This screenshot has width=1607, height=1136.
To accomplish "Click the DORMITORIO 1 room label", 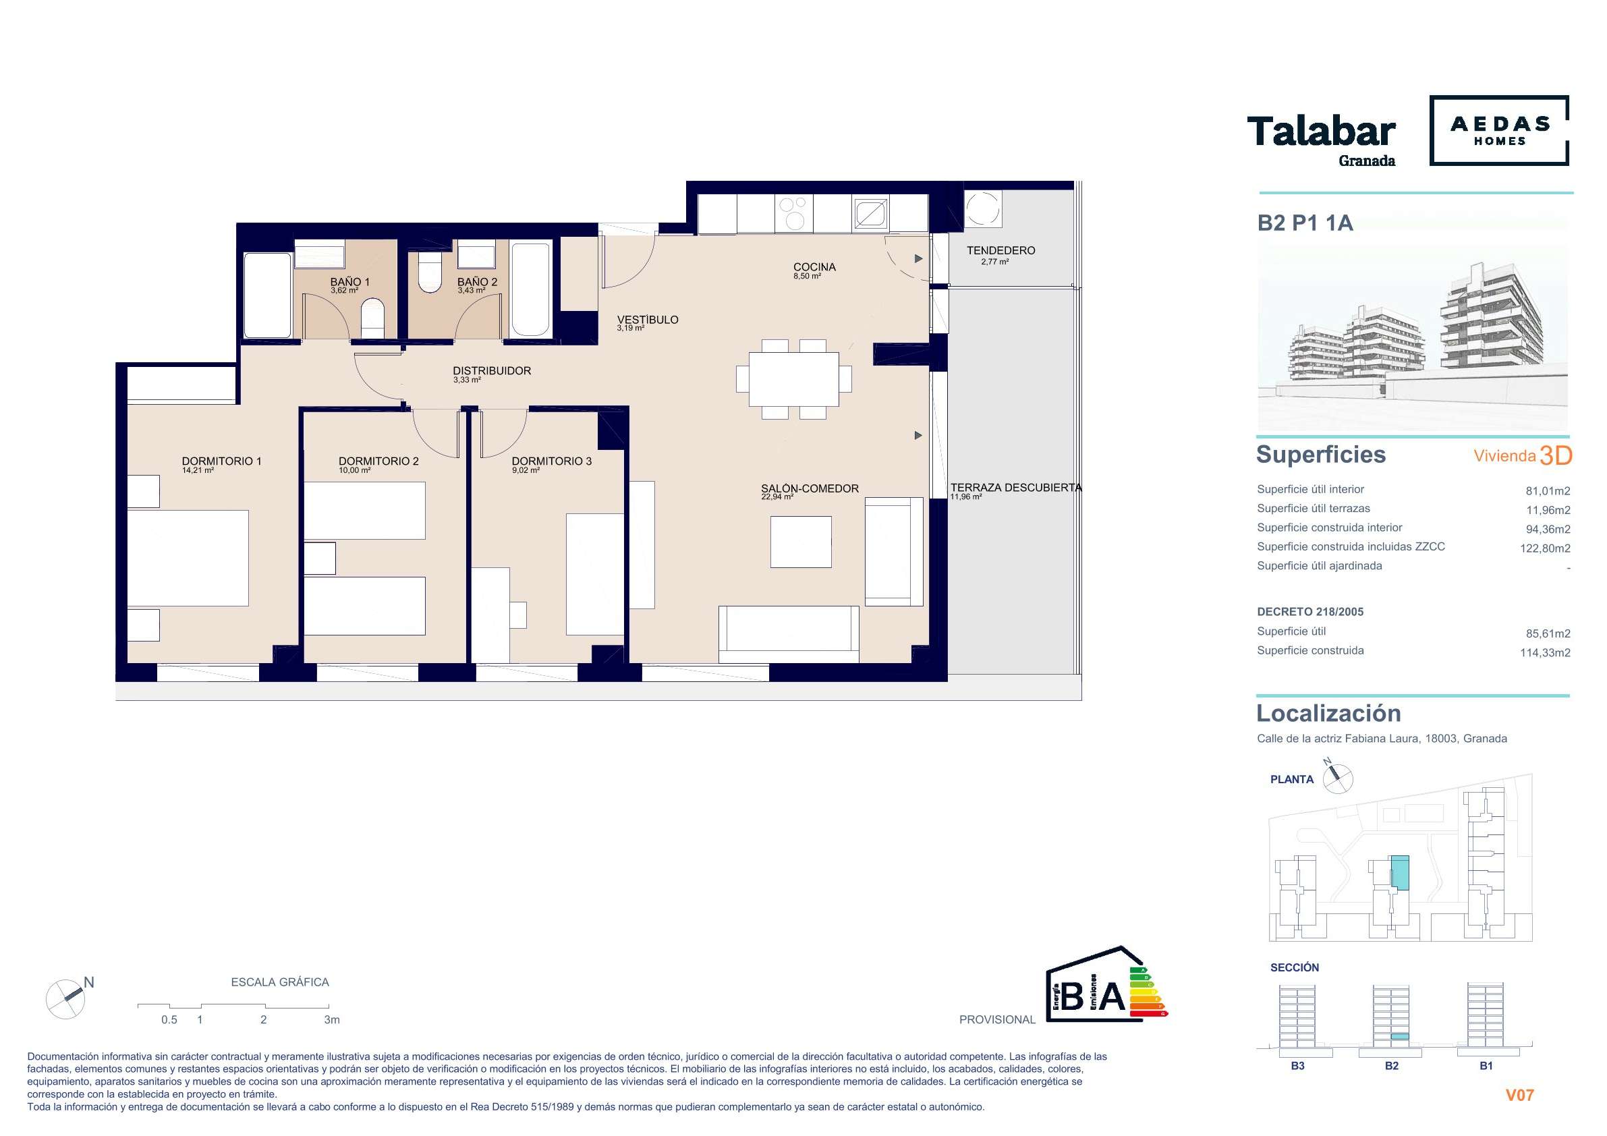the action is click(221, 461).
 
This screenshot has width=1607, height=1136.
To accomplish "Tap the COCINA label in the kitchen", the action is click(815, 267).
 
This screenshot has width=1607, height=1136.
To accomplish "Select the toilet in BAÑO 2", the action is click(429, 273).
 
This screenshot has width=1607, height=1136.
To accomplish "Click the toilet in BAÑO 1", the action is click(373, 318).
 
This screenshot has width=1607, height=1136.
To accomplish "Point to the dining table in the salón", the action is click(793, 379).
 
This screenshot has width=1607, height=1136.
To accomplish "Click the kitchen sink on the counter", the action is click(870, 212).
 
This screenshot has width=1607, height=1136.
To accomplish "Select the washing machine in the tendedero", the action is click(983, 208).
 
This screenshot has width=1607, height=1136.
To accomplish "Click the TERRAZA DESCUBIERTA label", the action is click(1015, 488).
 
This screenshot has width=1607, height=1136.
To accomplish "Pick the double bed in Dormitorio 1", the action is click(188, 558).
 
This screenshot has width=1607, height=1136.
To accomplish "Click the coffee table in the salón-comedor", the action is click(801, 542).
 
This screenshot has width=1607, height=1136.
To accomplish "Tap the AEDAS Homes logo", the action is click(1499, 131).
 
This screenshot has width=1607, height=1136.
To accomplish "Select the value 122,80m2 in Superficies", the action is click(1545, 548).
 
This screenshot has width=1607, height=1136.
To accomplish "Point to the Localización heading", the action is click(1328, 713).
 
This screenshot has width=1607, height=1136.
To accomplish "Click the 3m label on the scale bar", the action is click(332, 1020).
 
